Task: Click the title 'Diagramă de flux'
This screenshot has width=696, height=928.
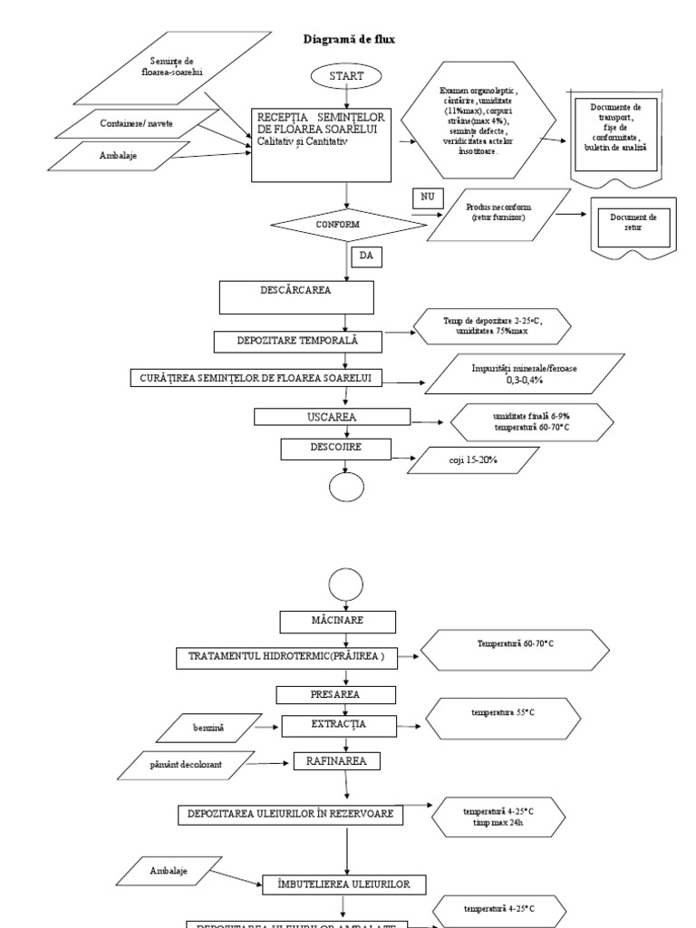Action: point(348,40)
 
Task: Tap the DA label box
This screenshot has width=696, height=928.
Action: point(365,257)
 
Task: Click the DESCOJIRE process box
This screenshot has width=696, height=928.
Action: point(335,448)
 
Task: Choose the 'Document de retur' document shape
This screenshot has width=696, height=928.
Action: point(633,224)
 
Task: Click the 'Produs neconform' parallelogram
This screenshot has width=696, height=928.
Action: point(498,214)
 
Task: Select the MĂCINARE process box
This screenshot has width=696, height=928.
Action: point(337,621)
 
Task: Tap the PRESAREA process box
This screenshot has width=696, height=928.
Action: point(336,695)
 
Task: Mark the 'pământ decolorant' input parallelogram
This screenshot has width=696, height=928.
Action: point(188,766)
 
